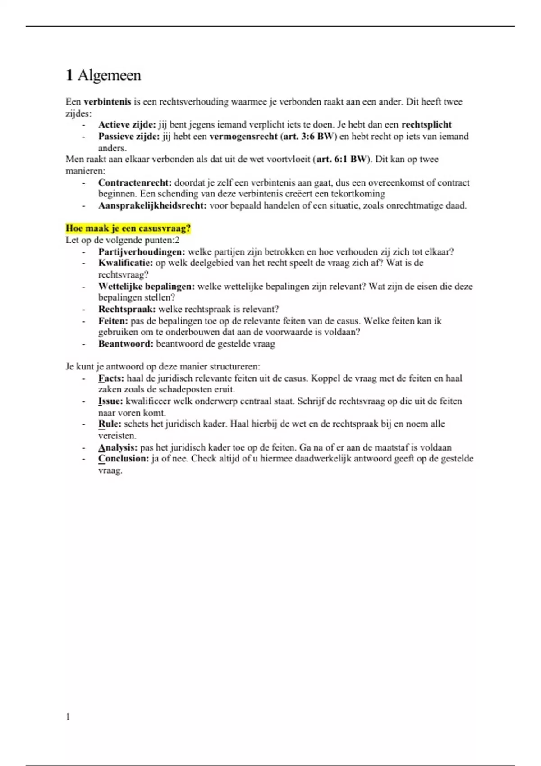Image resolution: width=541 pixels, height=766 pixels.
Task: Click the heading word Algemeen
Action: tap(109, 75)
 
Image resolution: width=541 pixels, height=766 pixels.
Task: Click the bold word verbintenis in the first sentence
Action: tap(107, 102)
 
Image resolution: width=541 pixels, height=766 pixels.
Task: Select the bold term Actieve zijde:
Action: tap(127, 125)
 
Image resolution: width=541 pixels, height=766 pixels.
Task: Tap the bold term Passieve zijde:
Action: tap(129, 137)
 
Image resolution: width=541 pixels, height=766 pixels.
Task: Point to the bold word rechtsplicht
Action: tap(426, 125)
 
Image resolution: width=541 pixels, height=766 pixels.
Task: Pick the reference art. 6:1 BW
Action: tap(342, 159)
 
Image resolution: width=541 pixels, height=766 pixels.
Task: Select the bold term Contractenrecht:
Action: tap(135, 183)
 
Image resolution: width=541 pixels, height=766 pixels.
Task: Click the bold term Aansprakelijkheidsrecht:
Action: tap(152, 206)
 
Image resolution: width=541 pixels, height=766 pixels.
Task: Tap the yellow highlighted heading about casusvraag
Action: tap(128, 228)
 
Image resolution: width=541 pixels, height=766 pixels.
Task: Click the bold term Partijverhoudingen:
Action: tap(142, 252)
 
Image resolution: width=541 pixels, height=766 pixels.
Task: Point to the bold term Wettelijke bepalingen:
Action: tap(147, 287)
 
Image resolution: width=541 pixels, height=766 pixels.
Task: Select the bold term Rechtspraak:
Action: tap(127, 310)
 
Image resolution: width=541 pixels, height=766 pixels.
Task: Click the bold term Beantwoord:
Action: tap(126, 344)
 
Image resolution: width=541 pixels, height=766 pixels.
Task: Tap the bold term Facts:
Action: tap(111, 378)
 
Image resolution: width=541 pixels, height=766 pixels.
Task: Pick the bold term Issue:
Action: tap(110, 401)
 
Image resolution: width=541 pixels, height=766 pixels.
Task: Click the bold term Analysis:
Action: tap(118, 448)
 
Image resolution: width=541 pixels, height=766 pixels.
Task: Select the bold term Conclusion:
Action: tap(124, 459)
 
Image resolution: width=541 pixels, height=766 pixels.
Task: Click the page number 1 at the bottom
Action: tap(68, 717)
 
